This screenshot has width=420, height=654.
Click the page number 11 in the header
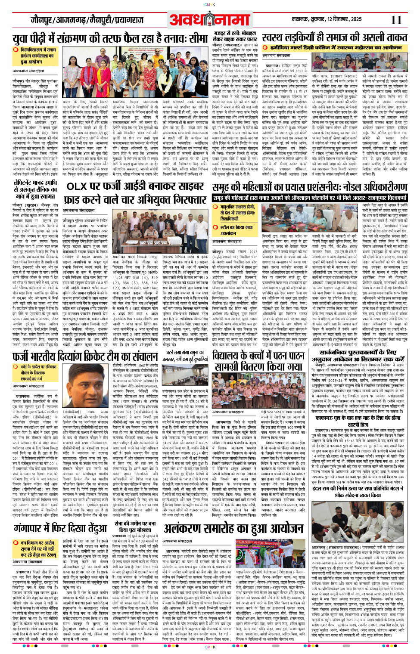[396, 20]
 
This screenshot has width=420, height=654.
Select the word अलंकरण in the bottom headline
[190, 528]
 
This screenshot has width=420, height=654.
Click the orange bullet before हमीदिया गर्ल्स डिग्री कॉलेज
[266, 47]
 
